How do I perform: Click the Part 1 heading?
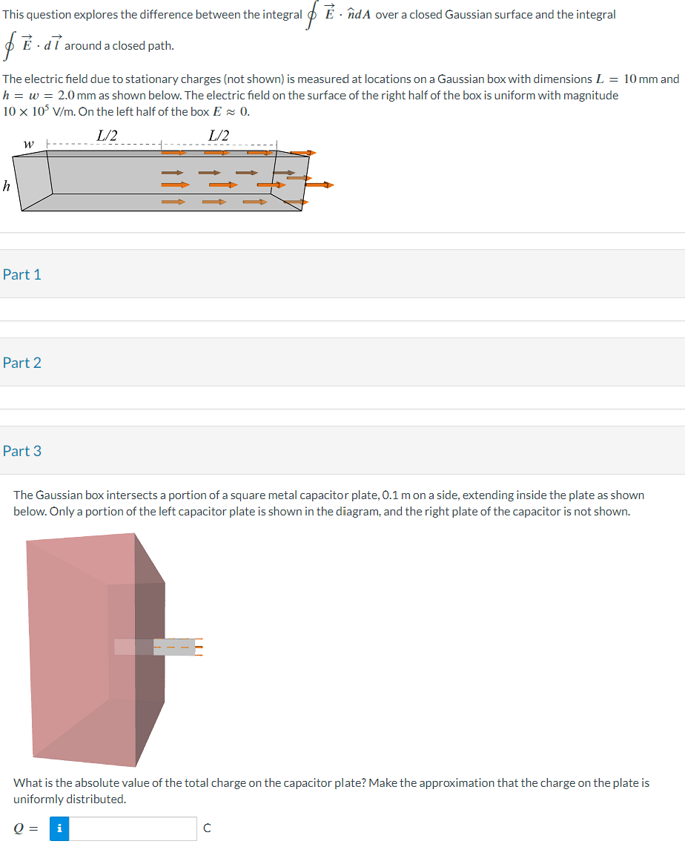22,274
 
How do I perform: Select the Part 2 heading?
22,363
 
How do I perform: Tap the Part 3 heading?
22,451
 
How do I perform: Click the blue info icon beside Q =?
59,828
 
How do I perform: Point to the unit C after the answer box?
207,828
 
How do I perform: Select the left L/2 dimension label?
107,135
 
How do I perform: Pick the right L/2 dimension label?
219,135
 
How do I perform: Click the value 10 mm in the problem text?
641,79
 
